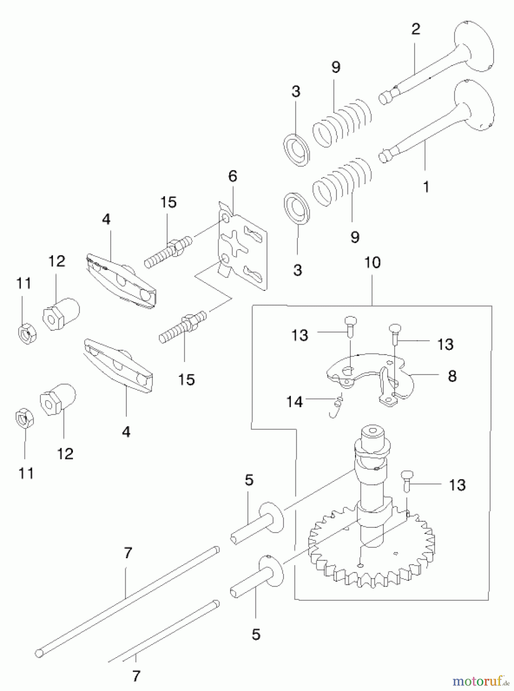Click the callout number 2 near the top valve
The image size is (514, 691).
416,29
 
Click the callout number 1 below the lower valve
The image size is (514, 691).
426,187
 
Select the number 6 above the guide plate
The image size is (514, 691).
232,176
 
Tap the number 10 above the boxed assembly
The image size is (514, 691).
372,263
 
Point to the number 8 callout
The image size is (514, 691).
452,376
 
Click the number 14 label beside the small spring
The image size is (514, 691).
295,402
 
